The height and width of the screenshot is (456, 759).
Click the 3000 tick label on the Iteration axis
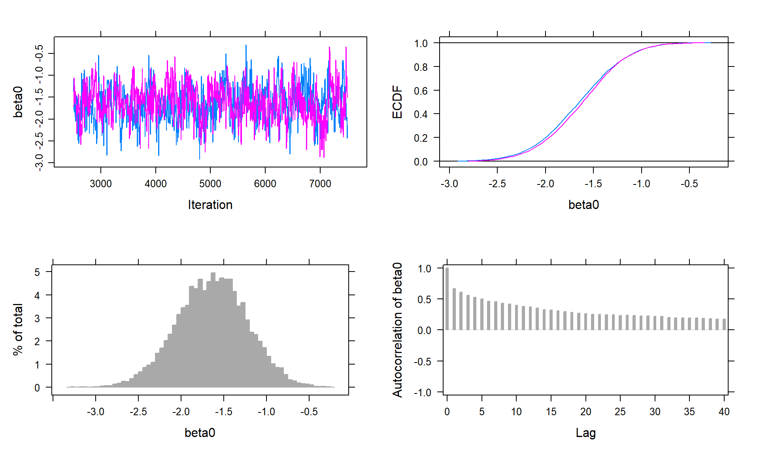100,184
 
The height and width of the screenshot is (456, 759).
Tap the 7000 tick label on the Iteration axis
320,184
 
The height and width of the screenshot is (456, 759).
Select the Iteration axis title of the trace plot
210,205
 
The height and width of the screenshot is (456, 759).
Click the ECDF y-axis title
397,102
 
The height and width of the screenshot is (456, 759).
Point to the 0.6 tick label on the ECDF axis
421,91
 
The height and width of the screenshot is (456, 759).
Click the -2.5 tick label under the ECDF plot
497,184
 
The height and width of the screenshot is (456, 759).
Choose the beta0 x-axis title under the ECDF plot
583,205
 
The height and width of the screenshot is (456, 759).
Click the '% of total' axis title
18,330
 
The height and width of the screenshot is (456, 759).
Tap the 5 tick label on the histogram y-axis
37,272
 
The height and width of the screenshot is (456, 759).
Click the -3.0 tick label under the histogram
95,412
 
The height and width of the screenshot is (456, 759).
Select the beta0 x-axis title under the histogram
200,433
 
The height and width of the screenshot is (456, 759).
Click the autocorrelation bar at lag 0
447,299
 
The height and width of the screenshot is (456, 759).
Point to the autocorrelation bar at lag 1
454,309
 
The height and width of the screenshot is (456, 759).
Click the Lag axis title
585,433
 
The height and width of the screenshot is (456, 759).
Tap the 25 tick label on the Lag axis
620,412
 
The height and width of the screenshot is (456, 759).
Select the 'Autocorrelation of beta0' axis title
397,330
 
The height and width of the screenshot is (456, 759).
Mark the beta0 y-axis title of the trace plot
18,102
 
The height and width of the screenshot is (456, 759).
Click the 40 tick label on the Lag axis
724,412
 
